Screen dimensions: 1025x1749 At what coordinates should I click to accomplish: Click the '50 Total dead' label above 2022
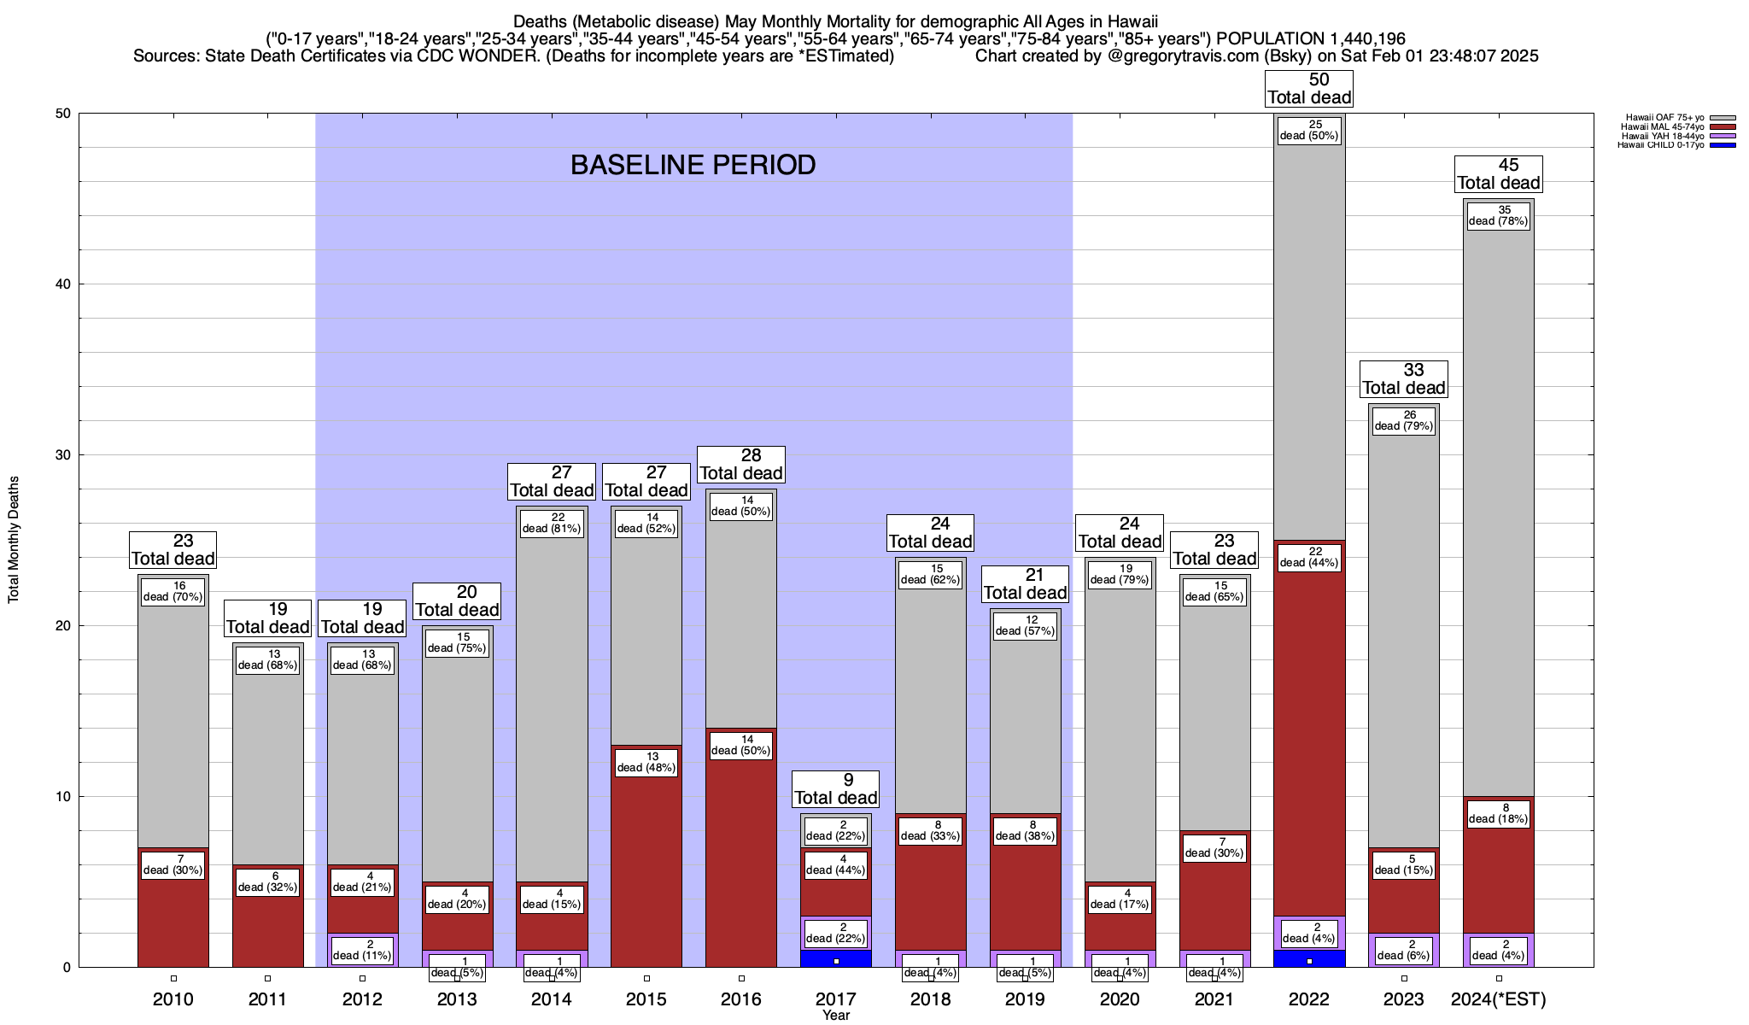[x=1308, y=89]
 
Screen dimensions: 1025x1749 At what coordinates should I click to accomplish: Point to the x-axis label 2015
[x=646, y=999]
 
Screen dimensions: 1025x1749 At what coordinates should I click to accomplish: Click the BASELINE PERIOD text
[x=693, y=165]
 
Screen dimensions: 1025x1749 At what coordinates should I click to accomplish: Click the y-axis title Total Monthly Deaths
[x=14, y=540]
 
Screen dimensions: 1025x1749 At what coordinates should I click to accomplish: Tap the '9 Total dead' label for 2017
[x=835, y=789]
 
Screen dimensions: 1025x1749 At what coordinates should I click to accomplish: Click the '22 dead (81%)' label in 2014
[x=552, y=523]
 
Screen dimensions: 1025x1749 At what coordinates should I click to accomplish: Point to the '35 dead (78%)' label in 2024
[x=1498, y=215]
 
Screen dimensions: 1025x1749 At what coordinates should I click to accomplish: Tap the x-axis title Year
[x=835, y=1016]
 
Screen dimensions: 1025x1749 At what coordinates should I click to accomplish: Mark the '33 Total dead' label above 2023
[x=1403, y=379]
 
